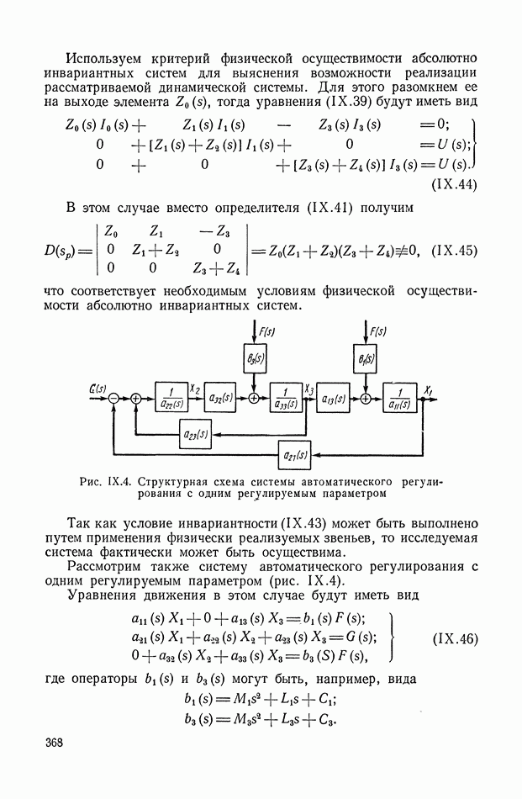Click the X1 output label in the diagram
[428, 389]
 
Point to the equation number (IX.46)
[456, 638]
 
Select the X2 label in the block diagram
[197, 389]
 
